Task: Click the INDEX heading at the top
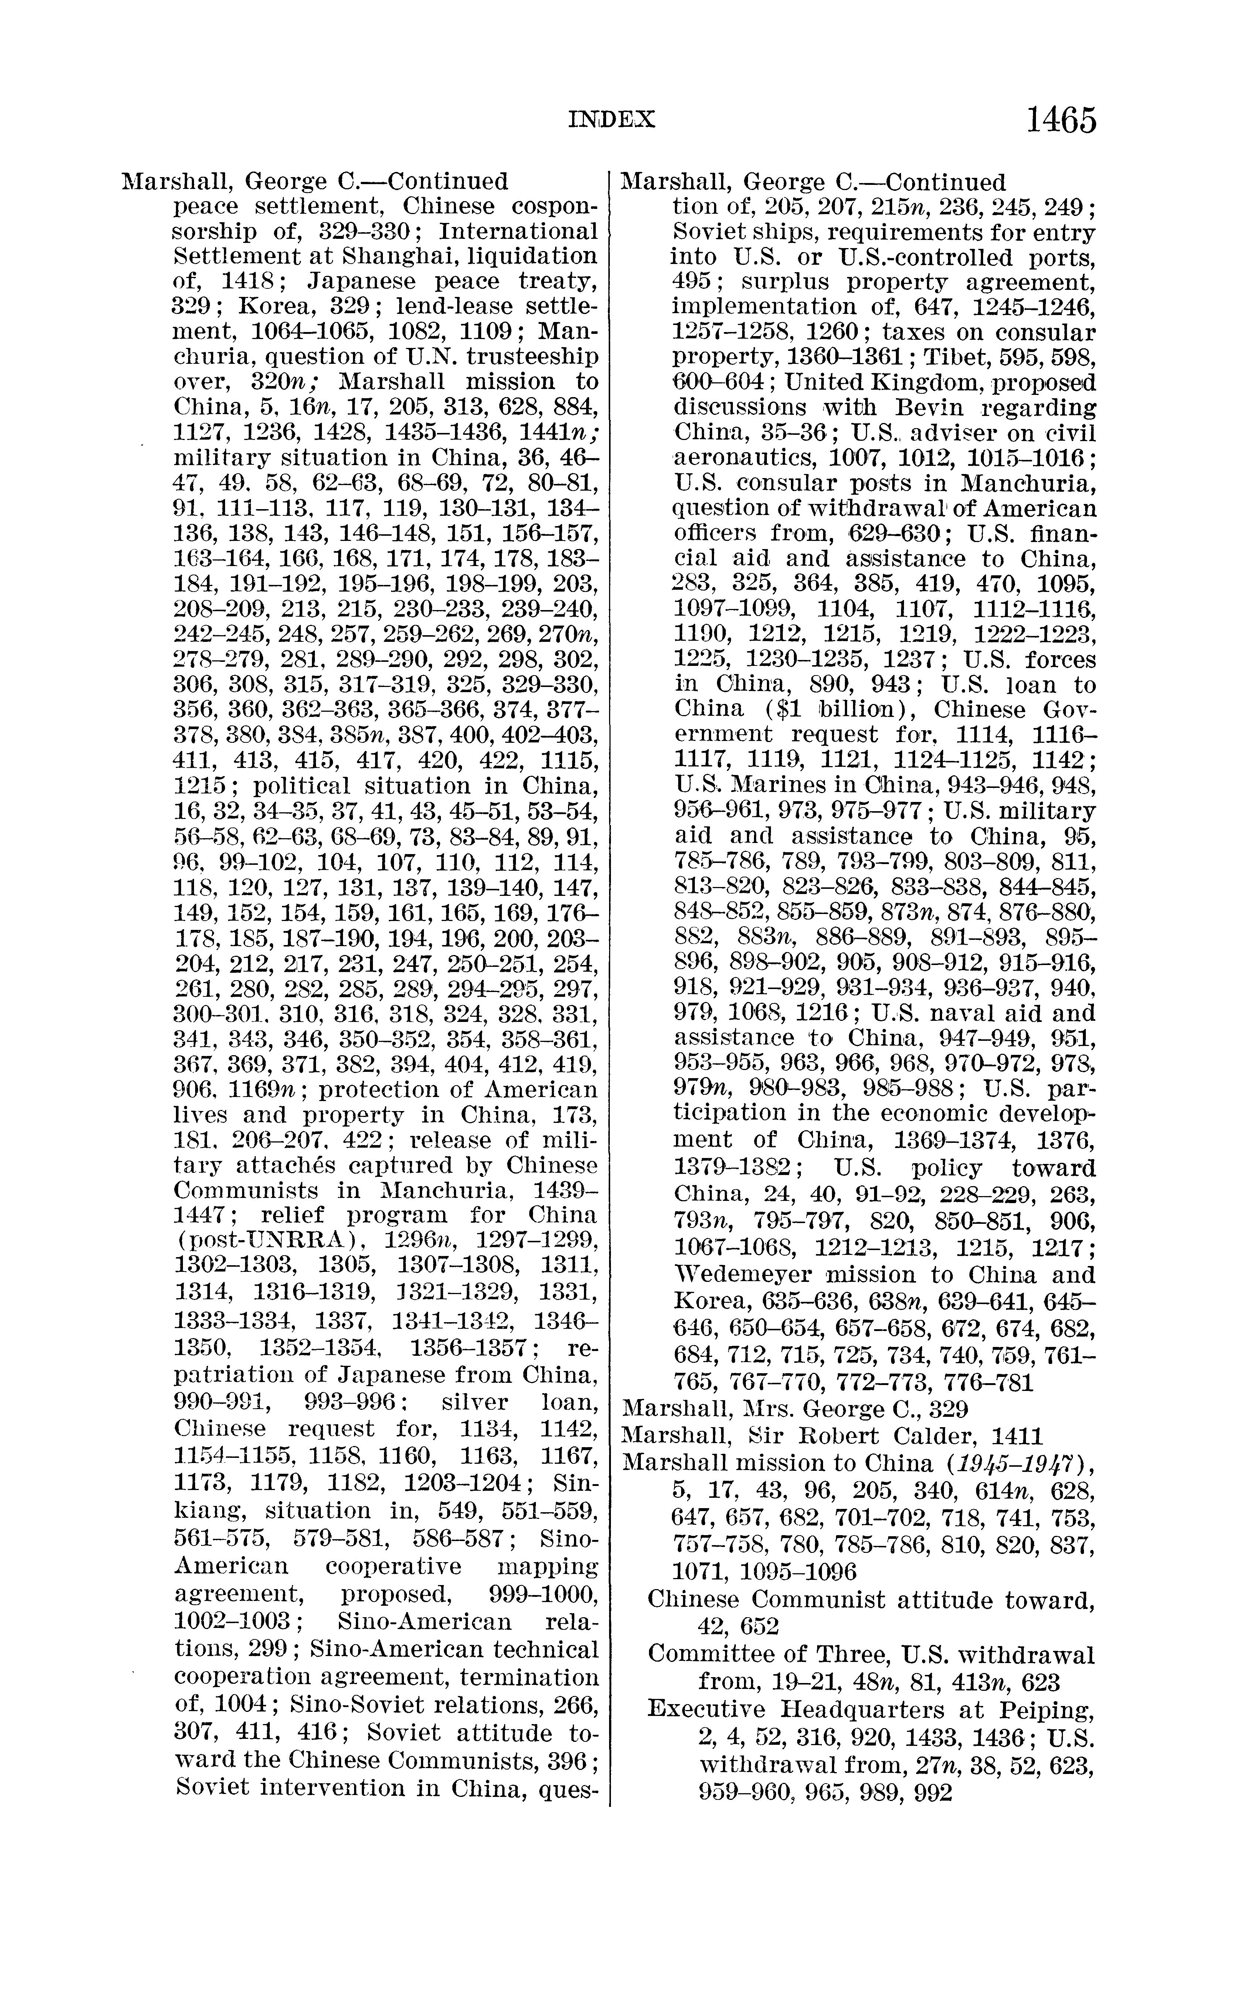[x=612, y=120]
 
